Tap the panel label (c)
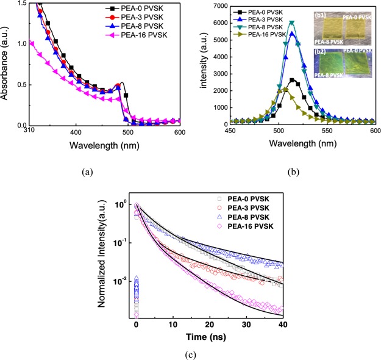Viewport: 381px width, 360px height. point(191,353)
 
